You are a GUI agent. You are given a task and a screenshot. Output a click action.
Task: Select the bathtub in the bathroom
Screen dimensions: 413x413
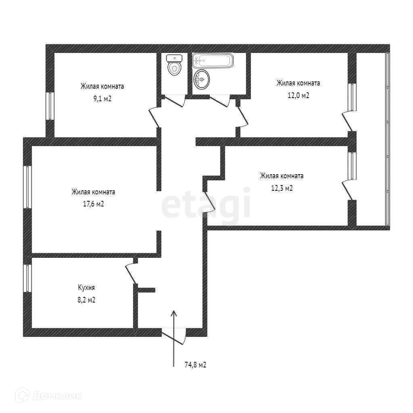point(213,61)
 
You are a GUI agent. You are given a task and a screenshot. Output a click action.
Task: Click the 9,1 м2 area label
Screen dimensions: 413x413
point(102,98)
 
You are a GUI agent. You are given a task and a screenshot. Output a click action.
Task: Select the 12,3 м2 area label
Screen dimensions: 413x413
point(282,188)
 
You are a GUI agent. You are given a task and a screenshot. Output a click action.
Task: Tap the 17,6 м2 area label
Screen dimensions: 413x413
point(94,204)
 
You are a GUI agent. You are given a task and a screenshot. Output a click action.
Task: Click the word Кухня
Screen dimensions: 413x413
point(86,288)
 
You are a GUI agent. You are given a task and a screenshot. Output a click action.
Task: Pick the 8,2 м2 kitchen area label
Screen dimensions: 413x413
point(86,300)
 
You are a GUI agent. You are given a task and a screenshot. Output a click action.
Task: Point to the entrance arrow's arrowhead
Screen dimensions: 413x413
point(174,313)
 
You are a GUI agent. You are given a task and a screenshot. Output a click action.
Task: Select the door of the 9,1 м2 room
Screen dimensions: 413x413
point(154,117)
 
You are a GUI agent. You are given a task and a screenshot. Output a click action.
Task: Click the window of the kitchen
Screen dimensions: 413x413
point(27,278)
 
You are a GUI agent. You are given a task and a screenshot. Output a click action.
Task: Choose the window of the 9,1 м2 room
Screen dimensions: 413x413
point(50,106)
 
